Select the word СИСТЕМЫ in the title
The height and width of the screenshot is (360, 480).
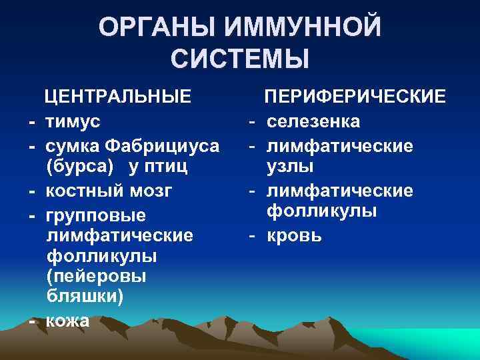240,59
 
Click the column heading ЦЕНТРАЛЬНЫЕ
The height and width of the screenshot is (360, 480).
116,97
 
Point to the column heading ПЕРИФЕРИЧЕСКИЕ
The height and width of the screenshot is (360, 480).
354,97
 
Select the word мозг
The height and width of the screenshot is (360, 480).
153,191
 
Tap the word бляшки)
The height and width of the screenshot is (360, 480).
85,297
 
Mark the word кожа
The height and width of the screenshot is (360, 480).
67,321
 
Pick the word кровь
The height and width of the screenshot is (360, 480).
295,236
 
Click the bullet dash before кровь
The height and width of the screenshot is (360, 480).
253,236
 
